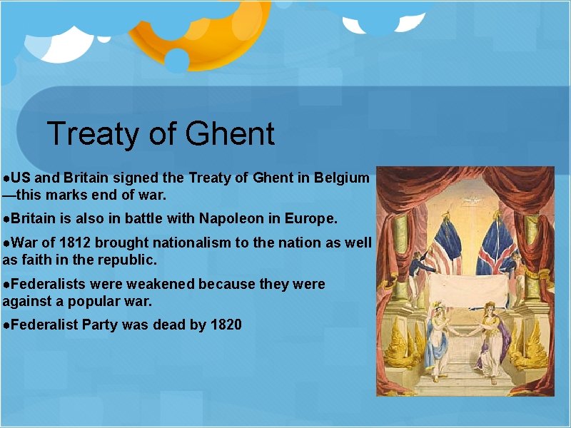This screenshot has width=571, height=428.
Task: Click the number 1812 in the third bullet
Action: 72,243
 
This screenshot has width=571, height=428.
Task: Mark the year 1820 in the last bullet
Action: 226,325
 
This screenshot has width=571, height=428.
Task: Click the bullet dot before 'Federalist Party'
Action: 6,326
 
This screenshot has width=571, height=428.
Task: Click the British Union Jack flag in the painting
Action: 497,243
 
